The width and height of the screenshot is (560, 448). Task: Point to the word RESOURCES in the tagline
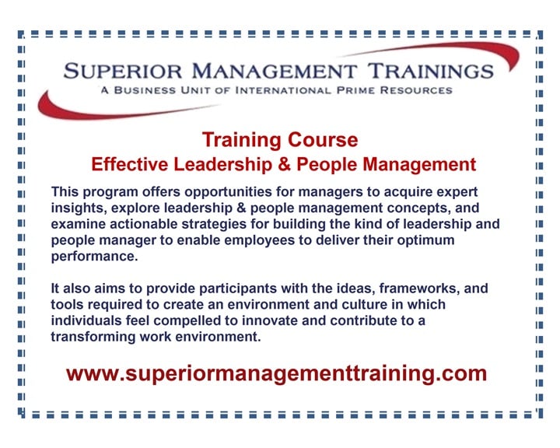coord(413,90)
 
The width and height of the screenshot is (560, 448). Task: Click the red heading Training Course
coord(280,140)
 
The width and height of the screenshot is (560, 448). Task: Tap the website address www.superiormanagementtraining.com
coord(276,373)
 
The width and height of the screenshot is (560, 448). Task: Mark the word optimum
coord(419,240)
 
